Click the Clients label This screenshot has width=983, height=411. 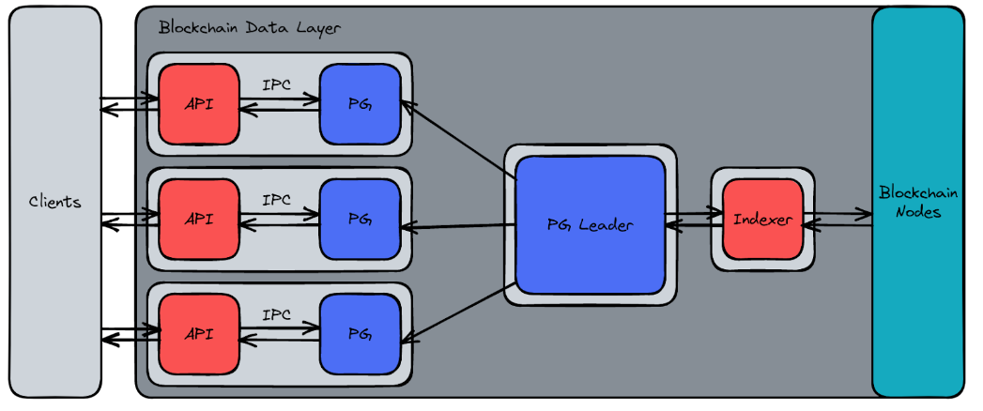(54, 202)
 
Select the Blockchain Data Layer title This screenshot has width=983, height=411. (249, 27)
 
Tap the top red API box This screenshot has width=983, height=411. (198, 104)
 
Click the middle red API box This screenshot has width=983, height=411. (198, 220)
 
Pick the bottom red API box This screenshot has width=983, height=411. (198, 334)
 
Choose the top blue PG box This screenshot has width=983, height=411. (360, 104)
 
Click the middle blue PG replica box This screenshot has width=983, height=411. (360, 220)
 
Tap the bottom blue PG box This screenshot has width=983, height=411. (360, 334)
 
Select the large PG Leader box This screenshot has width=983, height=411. (590, 225)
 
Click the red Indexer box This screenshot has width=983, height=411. (762, 221)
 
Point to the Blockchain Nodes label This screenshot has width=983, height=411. (917, 202)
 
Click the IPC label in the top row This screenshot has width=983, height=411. (277, 84)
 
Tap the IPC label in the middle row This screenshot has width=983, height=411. (277, 200)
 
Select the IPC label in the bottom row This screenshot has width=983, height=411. (277, 315)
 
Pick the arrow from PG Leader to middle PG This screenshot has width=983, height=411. (458, 226)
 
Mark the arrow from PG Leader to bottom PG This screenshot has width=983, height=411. (455, 311)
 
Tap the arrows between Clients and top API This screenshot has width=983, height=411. (130, 102)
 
